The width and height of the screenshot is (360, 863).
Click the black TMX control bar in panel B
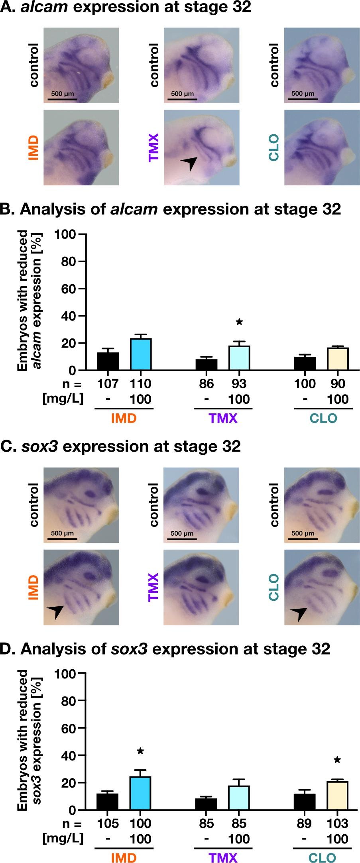click(207, 365)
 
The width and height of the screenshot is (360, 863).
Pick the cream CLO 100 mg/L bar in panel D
click(337, 795)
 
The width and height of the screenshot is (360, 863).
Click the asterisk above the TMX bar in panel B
click(239, 322)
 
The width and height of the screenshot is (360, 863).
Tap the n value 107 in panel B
click(108, 384)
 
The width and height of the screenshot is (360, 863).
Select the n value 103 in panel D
click(337, 823)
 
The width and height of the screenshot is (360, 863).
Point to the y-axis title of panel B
click(30, 300)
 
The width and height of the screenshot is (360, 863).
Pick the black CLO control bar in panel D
click(305, 802)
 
